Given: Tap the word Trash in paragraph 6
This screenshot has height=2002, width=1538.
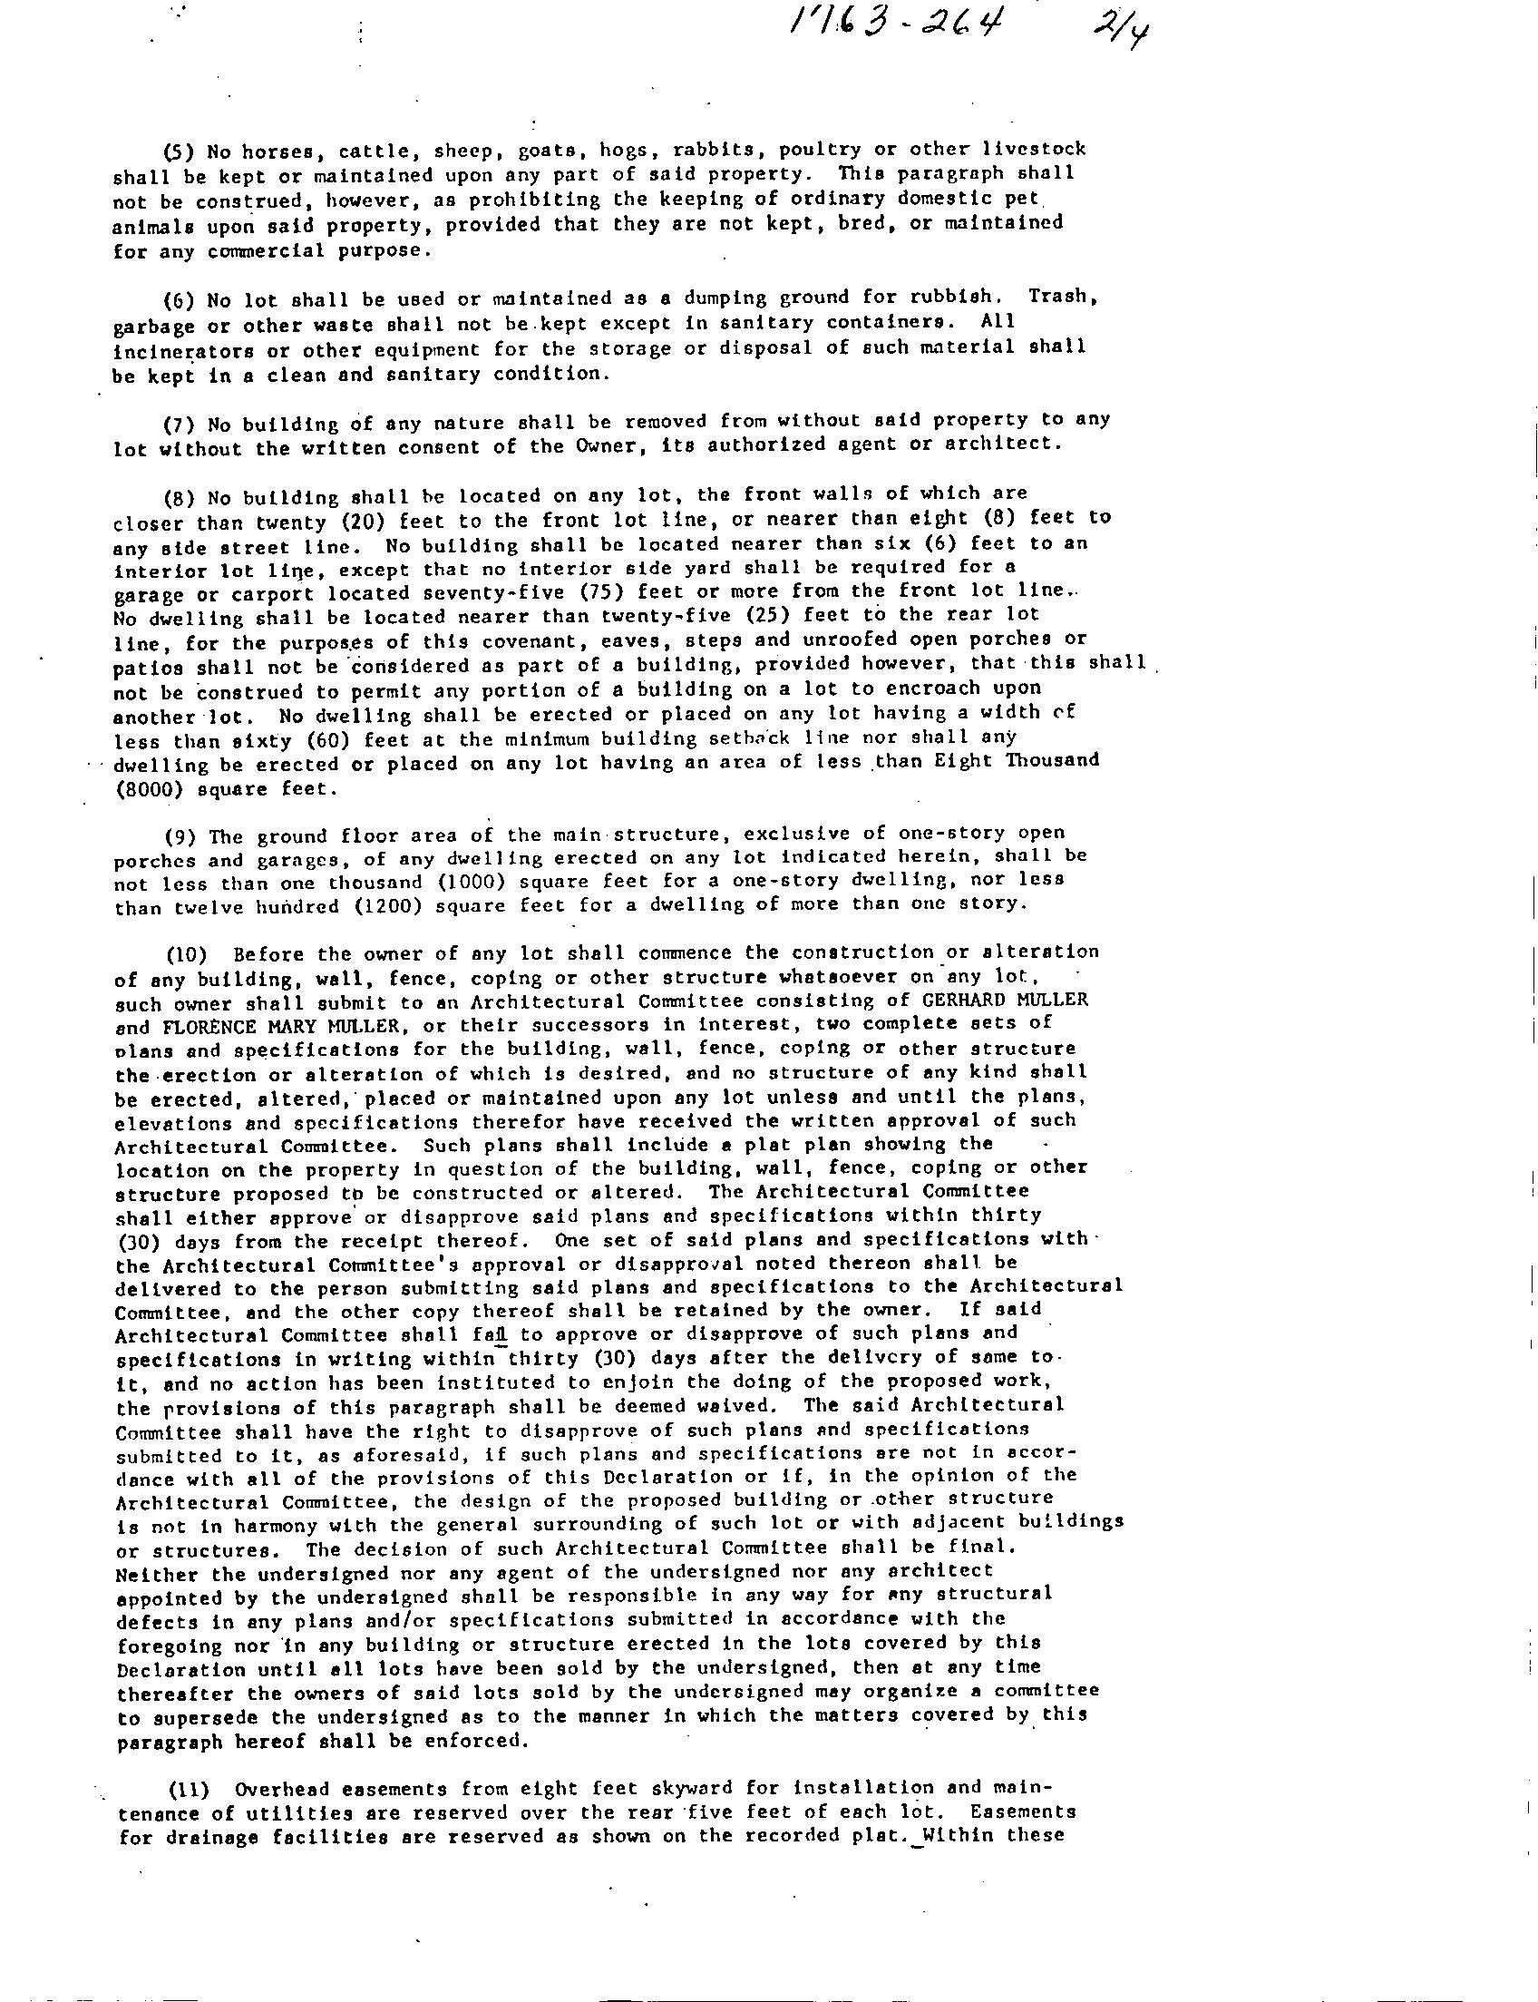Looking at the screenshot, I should pos(1058,297).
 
